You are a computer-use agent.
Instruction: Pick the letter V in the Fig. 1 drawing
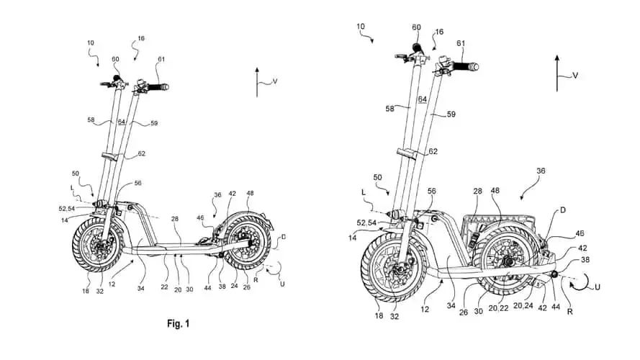[x=274, y=82]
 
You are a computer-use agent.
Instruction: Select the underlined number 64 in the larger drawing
[x=423, y=99]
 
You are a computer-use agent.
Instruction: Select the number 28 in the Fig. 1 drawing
[x=176, y=219]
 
